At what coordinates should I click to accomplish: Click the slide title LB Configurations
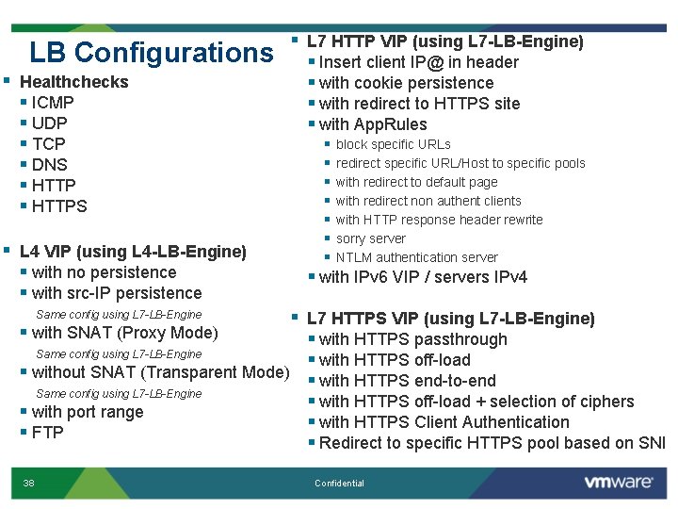(x=151, y=52)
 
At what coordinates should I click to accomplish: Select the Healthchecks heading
(x=73, y=82)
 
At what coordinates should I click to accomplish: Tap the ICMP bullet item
(x=52, y=103)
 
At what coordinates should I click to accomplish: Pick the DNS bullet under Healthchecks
(x=49, y=165)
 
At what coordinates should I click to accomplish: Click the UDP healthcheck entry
(x=49, y=123)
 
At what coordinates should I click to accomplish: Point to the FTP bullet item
(x=47, y=433)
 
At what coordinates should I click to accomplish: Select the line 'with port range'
(x=87, y=412)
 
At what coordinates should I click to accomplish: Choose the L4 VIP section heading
(x=132, y=252)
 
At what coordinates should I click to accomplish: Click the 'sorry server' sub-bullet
(x=370, y=238)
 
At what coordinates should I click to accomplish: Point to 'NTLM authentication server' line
(x=416, y=257)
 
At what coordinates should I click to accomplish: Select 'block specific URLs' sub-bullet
(x=393, y=144)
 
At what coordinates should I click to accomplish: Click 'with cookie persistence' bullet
(x=406, y=83)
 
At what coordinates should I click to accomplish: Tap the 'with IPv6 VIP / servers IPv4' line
(x=423, y=277)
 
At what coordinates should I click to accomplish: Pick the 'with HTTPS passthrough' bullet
(x=412, y=339)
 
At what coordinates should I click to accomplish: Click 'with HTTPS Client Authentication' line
(x=444, y=422)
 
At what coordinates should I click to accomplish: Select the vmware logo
(x=618, y=482)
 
